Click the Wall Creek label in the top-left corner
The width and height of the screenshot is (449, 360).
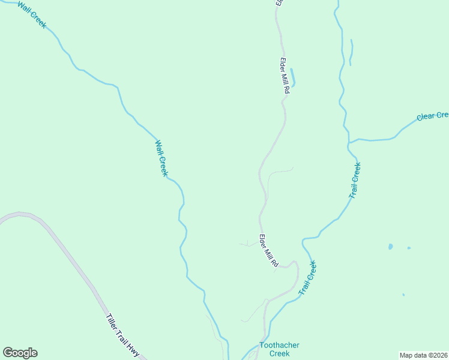(x=31, y=15)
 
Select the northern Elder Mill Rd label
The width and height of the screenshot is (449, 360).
(x=285, y=75)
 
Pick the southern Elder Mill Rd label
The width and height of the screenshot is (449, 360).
(x=269, y=251)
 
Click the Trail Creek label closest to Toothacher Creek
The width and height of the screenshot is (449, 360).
(x=307, y=277)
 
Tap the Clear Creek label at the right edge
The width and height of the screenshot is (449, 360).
(x=433, y=115)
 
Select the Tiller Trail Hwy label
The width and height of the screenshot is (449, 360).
(x=122, y=336)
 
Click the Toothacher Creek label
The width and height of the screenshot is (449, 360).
(x=279, y=349)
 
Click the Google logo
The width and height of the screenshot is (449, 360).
(x=20, y=353)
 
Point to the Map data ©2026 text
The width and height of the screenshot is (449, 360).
(x=423, y=355)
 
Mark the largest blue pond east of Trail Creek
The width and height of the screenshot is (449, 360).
(x=391, y=247)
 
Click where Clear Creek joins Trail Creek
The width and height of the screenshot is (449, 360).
(x=349, y=142)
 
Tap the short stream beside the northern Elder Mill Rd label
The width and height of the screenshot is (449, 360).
(x=293, y=77)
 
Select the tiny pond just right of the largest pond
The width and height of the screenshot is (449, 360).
(x=409, y=248)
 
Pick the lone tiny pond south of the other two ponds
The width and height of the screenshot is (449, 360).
(x=403, y=295)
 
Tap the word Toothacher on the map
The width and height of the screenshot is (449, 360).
(x=279, y=345)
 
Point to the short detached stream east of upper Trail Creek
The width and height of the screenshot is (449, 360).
(x=351, y=53)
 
